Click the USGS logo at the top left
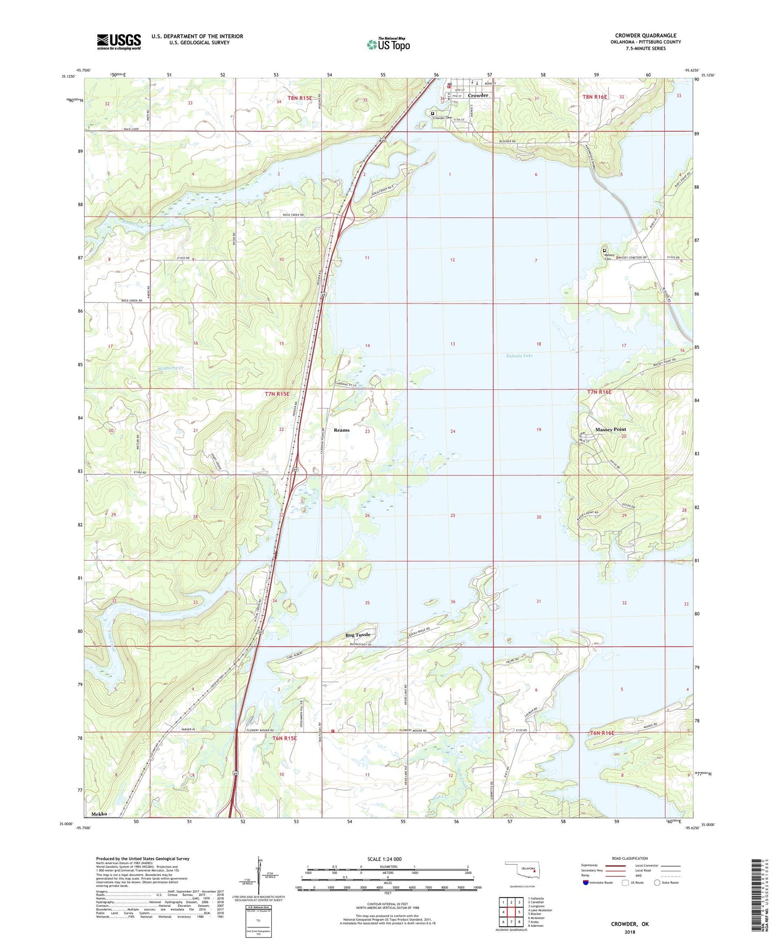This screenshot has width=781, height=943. pos(119,42)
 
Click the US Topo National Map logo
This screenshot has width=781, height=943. pos(388,44)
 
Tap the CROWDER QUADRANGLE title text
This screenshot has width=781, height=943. pos(645,36)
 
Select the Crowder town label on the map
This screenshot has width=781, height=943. pos(478,96)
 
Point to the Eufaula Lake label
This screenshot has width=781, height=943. pos(519,355)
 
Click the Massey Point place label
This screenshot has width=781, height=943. pos(610,429)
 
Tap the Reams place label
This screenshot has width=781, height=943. pos(342,430)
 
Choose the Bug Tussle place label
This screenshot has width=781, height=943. pos(358,635)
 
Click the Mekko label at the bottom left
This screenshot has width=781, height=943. pos(99,814)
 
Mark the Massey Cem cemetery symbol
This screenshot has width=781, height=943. pos(604,251)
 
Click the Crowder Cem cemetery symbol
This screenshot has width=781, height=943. pos(433,113)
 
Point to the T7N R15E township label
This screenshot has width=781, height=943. pos(277,394)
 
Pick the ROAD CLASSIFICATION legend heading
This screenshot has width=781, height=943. pos(630,858)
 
